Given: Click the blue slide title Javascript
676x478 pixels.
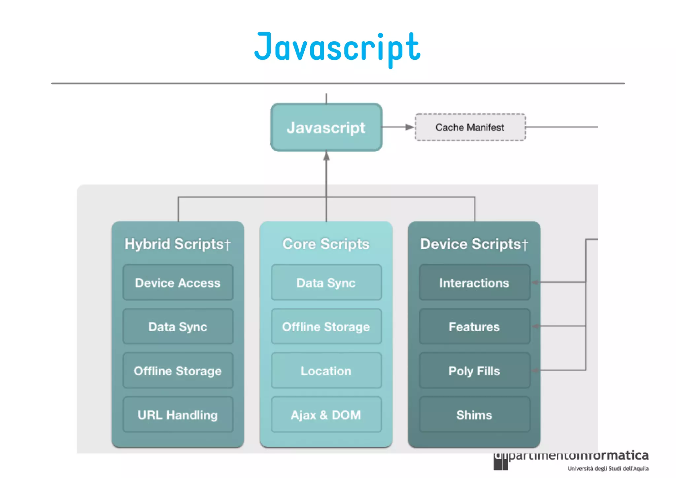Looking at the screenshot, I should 337,48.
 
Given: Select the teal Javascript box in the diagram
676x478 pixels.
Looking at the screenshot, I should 326,128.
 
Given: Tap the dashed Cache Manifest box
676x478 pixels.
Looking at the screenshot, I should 470,127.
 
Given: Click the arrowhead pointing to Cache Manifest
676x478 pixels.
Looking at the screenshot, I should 410,127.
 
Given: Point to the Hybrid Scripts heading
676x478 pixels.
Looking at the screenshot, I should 178,244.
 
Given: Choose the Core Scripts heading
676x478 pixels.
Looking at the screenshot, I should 326,244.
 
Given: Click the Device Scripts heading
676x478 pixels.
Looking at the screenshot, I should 474,244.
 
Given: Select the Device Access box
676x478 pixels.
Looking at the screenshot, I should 178,283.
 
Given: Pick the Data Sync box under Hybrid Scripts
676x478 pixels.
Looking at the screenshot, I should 178,327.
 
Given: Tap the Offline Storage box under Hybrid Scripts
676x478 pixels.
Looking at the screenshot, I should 178,371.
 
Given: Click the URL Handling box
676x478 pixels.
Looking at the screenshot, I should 178,415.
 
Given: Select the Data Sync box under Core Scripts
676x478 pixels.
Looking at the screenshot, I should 326,283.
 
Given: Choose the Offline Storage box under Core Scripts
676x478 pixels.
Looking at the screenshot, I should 326,327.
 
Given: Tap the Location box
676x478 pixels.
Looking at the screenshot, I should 326,371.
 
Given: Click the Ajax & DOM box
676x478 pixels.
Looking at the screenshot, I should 326,415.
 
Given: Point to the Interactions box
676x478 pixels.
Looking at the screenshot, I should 474,283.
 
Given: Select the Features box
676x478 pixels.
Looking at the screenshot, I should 474,327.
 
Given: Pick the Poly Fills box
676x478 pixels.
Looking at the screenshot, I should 474,371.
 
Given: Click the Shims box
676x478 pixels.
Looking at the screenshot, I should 474,415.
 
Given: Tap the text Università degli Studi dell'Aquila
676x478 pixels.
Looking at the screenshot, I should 608,468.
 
